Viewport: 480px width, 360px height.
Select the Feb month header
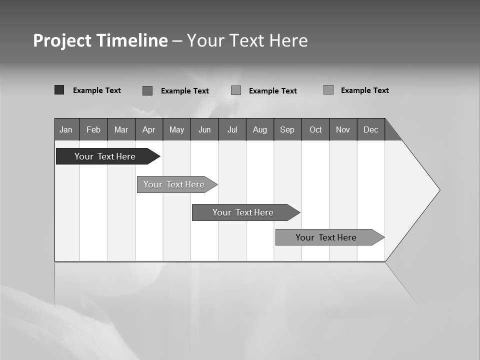click(x=93, y=129)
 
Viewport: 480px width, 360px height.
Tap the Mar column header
click(x=121, y=129)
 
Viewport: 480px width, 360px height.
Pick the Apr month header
click(x=149, y=129)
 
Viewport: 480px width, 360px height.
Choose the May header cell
click(x=176, y=129)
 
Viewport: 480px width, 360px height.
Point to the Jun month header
click(x=204, y=129)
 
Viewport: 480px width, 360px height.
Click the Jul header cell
click(x=232, y=129)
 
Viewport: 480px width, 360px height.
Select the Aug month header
click(x=260, y=129)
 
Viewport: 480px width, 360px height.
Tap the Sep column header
click(x=287, y=129)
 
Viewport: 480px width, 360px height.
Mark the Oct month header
click(x=315, y=129)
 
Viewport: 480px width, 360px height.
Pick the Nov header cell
click(x=343, y=129)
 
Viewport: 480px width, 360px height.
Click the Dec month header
click(x=371, y=129)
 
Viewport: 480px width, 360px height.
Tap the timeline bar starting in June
click(x=243, y=212)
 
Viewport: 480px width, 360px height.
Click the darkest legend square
click(x=59, y=90)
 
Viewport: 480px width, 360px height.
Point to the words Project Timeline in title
click(x=100, y=40)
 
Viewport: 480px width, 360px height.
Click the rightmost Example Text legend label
click(x=364, y=90)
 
